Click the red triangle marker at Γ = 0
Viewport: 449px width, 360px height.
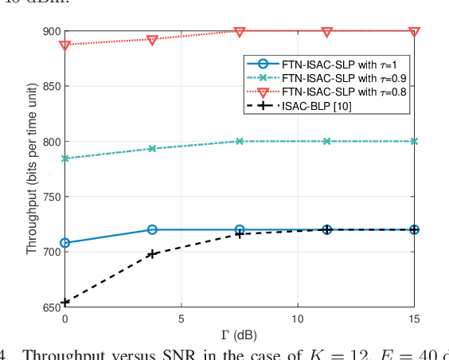click(64, 45)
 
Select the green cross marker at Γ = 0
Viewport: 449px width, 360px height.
click(64, 158)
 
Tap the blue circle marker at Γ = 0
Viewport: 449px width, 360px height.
click(64, 243)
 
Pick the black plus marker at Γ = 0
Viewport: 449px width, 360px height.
click(64, 303)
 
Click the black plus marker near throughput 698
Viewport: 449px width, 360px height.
click(152, 254)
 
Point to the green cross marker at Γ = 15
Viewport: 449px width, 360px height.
click(414, 141)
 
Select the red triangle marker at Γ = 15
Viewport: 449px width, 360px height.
click(414, 32)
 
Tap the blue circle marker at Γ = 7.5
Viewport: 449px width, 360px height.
click(240, 229)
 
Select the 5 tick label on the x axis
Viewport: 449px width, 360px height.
click(182, 318)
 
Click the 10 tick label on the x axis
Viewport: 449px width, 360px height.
click(298, 318)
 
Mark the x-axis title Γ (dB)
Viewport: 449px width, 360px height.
click(239, 333)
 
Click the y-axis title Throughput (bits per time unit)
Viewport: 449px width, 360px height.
click(31, 170)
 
